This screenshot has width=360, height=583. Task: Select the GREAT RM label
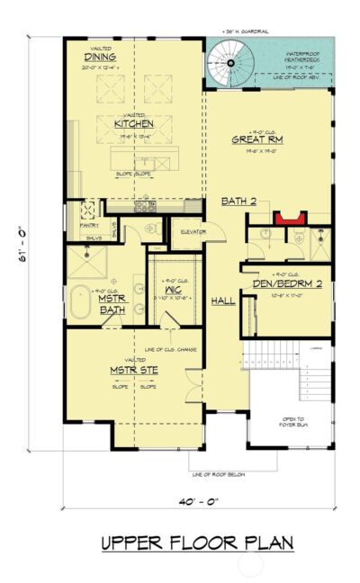[x=258, y=139]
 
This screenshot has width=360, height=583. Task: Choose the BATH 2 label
[x=238, y=201]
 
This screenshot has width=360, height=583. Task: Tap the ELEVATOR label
[x=193, y=232]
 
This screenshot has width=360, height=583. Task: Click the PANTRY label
[x=88, y=226]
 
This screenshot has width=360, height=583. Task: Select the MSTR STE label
[x=129, y=369]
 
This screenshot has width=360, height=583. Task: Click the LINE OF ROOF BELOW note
[x=219, y=474]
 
